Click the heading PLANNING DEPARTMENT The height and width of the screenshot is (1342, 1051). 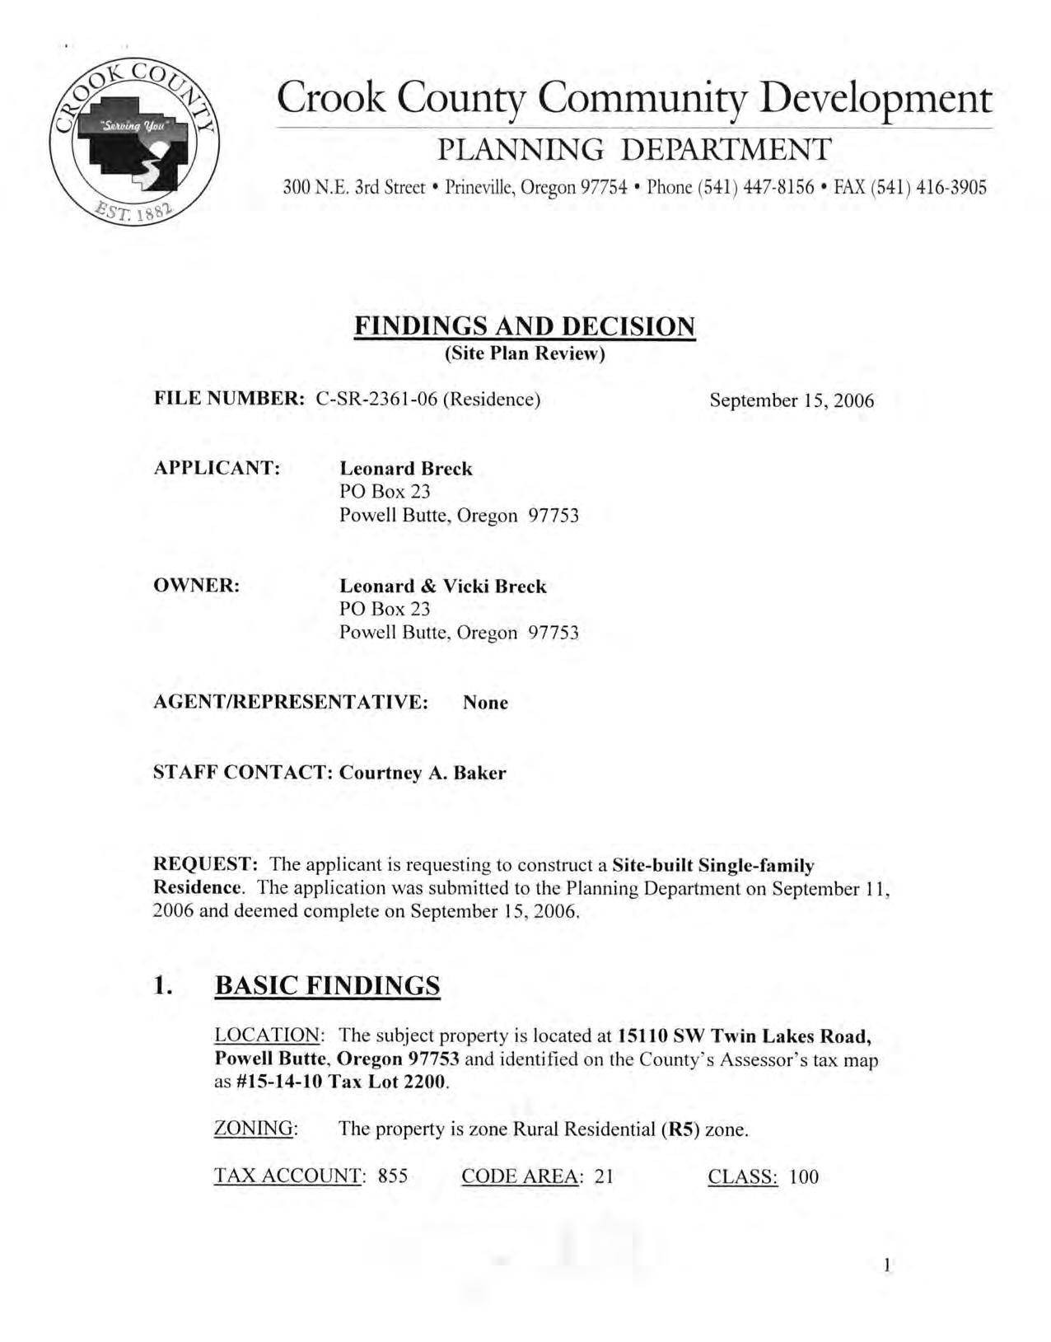(633, 150)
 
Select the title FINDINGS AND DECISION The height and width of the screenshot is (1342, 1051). (525, 327)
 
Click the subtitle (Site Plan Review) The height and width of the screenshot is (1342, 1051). (525, 354)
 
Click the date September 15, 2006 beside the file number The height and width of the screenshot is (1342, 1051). (792, 401)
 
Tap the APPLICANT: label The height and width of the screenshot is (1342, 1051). (217, 468)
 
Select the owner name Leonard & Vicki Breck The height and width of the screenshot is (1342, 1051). (443, 587)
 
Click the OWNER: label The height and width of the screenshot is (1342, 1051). (197, 586)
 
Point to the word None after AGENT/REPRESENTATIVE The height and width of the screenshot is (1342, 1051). (485, 703)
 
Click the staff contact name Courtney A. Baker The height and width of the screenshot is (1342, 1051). (423, 774)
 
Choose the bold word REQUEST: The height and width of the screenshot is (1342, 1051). (207, 865)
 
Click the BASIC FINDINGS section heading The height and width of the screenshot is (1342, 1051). (327, 986)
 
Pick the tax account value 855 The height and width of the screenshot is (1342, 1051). (393, 1177)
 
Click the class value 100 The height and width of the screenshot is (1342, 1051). (804, 1177)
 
